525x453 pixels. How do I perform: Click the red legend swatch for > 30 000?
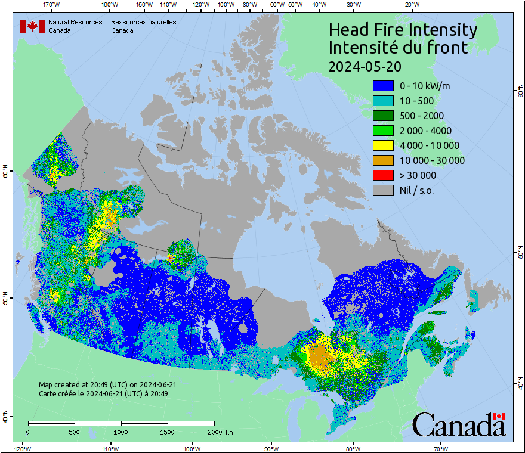pos(382,175)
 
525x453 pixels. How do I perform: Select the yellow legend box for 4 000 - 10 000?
pos(382,145)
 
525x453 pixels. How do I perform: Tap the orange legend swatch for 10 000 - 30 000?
pos(382,160)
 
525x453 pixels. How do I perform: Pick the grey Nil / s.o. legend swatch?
pos(382,190)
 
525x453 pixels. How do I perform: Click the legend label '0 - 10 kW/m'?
pos(425,86)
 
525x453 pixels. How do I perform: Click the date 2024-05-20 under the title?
pos(364,66)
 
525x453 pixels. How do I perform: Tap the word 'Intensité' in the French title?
pos(366,48)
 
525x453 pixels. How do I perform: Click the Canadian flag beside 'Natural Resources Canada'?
pos(32,26)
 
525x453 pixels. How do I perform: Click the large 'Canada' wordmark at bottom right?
pos(458,425)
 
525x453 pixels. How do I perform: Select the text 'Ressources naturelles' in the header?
pos(143,22)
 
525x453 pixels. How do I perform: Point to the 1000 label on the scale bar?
pos(121,432)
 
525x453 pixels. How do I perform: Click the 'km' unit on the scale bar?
pos(229,432)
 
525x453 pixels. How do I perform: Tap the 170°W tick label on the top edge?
pos(52,5)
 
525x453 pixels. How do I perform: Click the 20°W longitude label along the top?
pos(410,5)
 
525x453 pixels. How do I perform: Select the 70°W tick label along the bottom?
pos(440,448)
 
